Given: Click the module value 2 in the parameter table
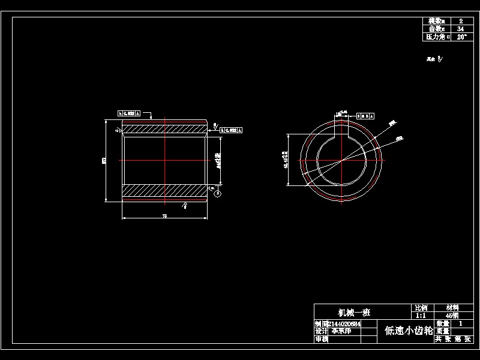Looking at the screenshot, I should (460, 21).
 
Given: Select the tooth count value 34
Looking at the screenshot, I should (460, 29).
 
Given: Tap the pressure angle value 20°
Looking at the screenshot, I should (460, 37).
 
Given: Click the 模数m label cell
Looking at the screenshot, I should (436, 21).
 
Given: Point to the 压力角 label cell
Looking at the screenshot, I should (436, 37).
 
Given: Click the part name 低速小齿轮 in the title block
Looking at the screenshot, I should (408, 331).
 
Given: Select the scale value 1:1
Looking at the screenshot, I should (421, 315).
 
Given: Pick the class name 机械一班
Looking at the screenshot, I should (354, 312).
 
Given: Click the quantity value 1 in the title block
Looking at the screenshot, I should (460, 323).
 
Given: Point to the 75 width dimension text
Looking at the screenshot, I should (164, 215).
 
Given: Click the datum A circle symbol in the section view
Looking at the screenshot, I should (217, 193).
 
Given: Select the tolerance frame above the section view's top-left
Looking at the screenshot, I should (130, 113).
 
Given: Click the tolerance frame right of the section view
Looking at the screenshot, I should (230, 128).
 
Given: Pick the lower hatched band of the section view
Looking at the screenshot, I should (164, 191).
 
